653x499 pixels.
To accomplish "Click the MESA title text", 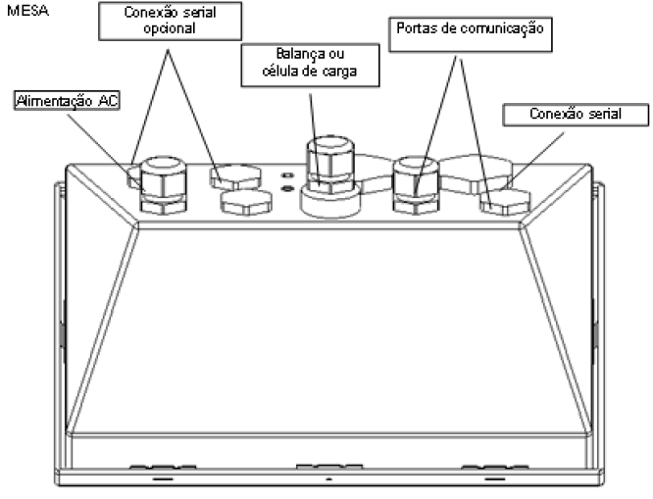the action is [27, 11].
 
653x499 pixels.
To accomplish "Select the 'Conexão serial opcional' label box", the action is [170, 21].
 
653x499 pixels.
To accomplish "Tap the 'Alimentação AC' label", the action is [67, 100].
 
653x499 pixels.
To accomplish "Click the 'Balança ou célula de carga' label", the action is [310, 65].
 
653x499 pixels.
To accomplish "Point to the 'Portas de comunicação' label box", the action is [471, 34].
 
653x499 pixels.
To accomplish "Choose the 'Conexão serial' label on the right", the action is [576, 115].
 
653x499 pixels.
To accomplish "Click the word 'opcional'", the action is [170, 28].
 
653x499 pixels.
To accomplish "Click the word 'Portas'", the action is [414, 28].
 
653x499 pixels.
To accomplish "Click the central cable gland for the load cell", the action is [330, 176].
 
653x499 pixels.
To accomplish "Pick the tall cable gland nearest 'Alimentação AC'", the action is [163, 185].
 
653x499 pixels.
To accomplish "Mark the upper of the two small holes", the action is [287, 175].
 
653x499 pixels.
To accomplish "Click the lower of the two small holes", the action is [287, 188].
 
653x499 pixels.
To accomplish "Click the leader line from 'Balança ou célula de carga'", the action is [315, 138].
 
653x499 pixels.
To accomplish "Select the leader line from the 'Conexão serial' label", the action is [534, 160].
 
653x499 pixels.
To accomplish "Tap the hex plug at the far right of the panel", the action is [505, 202].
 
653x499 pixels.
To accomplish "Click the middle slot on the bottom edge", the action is [329, 467].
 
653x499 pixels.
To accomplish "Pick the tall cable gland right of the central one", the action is [416, 185].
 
